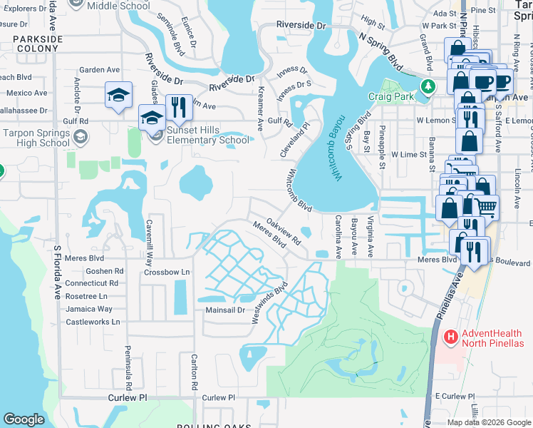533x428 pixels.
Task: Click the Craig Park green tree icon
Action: [428, 86]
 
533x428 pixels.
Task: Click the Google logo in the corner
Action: [24, 419]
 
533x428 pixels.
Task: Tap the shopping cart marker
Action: [485, 206]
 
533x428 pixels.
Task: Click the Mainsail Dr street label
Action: [225, 310]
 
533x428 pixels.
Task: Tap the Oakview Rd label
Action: [284, 232]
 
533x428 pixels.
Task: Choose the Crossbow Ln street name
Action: [167, 272]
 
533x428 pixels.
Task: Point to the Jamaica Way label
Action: [89, 309]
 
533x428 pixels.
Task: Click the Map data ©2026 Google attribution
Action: [488, 422]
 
